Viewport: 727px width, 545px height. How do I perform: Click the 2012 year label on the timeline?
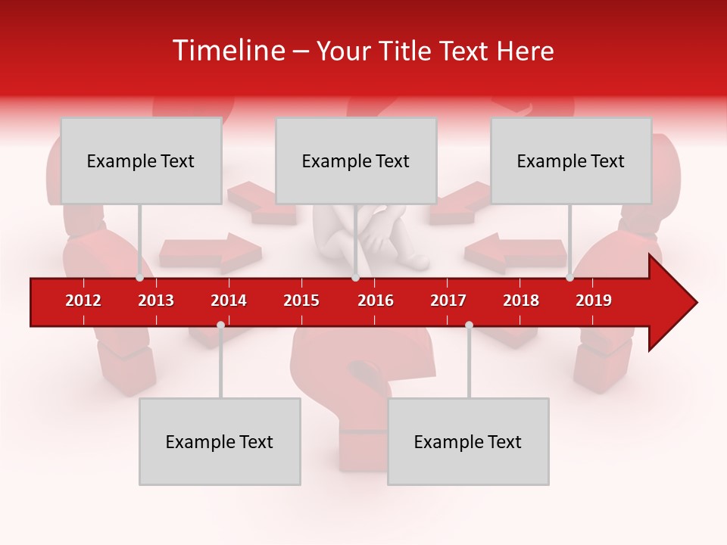click(83, 301)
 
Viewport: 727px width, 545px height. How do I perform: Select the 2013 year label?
click(156, 301)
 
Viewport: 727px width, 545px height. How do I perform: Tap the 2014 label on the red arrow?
click(229, 301)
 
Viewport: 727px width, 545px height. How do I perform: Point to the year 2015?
click(301, 301)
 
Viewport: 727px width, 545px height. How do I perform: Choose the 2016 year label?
click(376, 301)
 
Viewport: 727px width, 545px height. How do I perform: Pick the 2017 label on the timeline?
click(448, 301)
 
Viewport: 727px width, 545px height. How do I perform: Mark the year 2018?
click(521, 301)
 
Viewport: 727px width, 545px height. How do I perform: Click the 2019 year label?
click(594, 301)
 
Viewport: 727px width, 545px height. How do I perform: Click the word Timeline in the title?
click(227, 51)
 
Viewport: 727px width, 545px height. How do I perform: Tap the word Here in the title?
click(525, 51)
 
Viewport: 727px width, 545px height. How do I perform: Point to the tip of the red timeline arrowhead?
click(696, 303)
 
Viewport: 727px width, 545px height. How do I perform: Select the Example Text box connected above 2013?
click(141, 160)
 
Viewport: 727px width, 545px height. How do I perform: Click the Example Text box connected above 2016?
click(356, 160)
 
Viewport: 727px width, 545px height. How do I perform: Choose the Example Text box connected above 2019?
click(571, 160)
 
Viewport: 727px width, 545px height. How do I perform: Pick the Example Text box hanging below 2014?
click(220, 441)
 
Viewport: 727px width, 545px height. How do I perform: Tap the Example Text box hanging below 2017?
click(468, 441)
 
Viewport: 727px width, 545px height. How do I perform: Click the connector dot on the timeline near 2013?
click(140, 278)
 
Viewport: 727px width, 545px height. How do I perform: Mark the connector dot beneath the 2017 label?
click(469, 325)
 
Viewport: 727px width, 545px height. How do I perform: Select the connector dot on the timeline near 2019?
click(569, 278)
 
